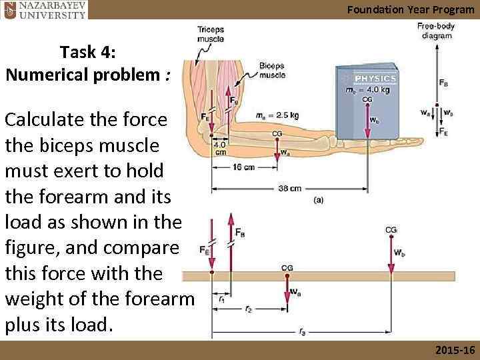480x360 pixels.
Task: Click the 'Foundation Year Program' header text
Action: click(x=409, y=9)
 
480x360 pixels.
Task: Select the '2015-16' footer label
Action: click(x=454, y=350)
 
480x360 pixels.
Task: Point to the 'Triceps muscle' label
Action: click(x=211, y=34)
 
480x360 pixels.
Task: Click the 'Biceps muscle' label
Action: click(x=272, y=71)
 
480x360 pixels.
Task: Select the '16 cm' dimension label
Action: click(x=244, y=167)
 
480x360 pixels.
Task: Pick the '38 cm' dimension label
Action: click(x=289, y=189)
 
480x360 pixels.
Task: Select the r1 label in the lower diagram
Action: click(x=221, y=299)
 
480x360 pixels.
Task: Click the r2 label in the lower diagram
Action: click(x=248, y=310)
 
